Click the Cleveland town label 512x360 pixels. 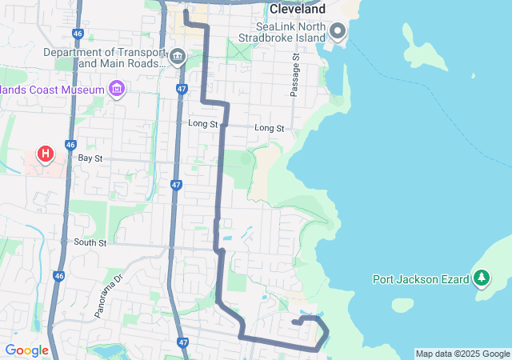297,10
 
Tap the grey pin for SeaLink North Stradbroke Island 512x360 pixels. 338,32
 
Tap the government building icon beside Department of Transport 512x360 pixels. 178,57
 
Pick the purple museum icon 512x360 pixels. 118,87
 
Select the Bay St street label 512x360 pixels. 90,158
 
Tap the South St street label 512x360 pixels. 90,242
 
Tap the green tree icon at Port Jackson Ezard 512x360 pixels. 481,278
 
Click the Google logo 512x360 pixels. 26,350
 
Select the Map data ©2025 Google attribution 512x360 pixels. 462,354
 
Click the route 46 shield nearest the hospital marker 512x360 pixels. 70,145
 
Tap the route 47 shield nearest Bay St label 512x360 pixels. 176,185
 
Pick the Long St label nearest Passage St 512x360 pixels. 269,128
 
